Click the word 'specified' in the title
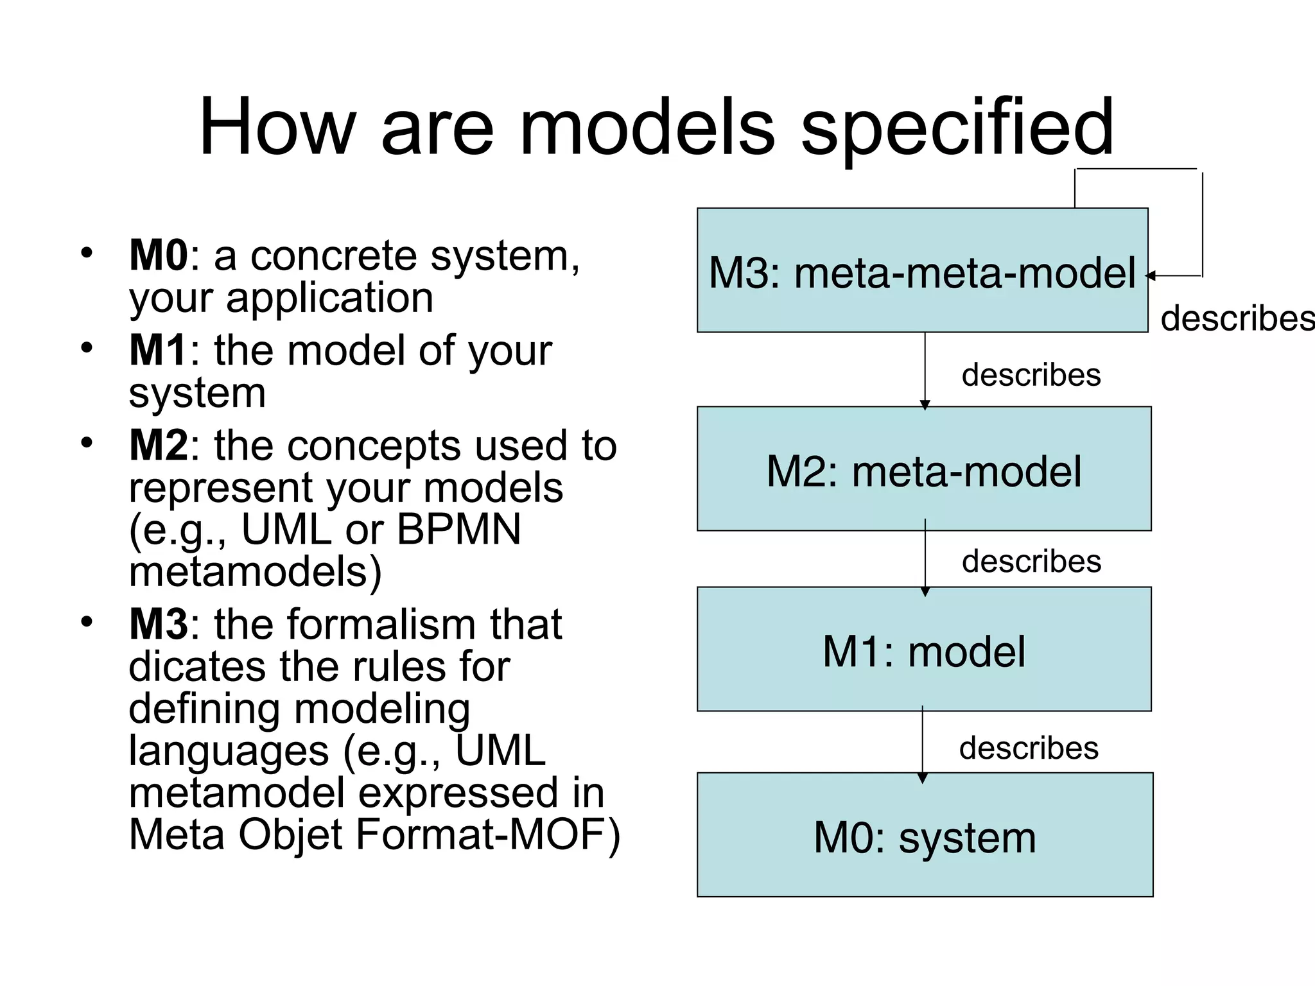[x=957, y=128]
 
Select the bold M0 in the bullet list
[x=158, y=255]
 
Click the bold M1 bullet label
[x=158, y=350]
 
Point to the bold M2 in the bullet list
[x=158, y=445]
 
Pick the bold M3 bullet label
[x=158, y=624]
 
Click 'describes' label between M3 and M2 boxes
[x=1031, y=375]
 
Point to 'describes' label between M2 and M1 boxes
[x=1031, y=562]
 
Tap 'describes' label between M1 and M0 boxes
[x=1029, y=748]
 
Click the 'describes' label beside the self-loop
[x=1236, y=318]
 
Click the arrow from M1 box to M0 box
[x=923, y=745]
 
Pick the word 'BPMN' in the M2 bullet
[x=458, y=530]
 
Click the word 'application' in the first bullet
[x=329, y=298]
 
